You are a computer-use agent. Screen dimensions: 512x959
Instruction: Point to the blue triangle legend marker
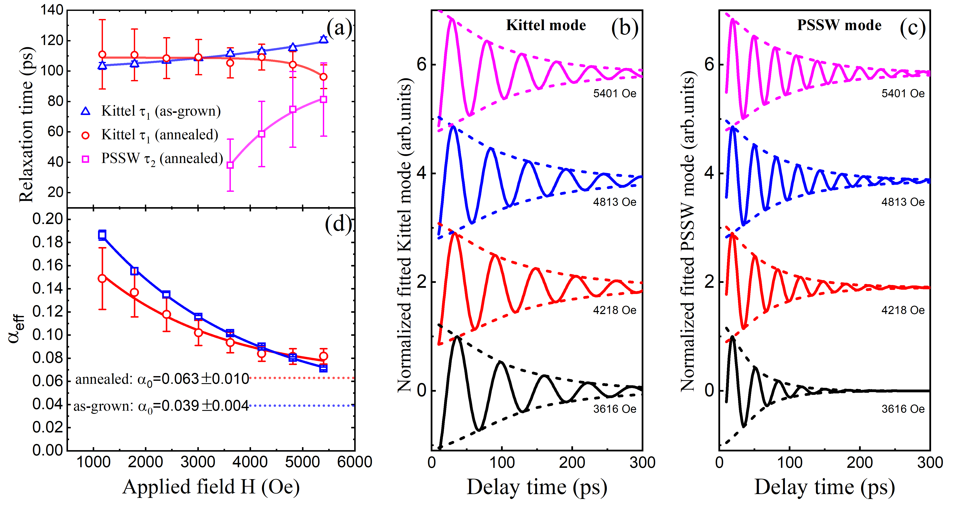86,111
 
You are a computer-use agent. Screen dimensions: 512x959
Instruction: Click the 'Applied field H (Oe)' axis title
211,487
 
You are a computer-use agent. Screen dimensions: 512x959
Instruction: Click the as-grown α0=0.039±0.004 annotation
161,406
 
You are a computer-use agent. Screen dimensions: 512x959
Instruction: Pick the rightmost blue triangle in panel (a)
324,39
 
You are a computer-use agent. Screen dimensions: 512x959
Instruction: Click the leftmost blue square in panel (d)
102,234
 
